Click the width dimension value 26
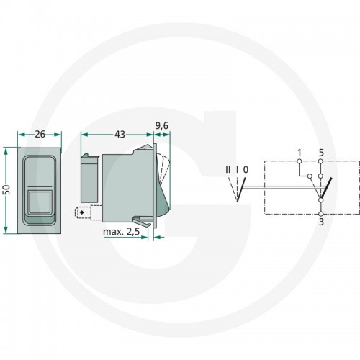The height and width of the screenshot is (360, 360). click(x=40, y=134)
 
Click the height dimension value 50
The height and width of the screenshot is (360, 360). click(x=8, y=189)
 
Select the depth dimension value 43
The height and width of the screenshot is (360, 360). click(x=120, y=135)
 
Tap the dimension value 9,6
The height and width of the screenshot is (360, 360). click(x=162, y=126)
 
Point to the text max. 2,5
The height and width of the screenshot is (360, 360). click(x=121, y=232)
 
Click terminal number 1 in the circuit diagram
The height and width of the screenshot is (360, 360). click(x=299, y=153)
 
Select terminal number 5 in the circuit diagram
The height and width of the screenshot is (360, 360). click(x=321, y=153)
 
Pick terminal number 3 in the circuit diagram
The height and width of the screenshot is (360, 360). click(x=321, y=222)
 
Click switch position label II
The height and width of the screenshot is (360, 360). click(x=228, y=170)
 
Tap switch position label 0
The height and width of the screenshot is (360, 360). click(x=246, y=170)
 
